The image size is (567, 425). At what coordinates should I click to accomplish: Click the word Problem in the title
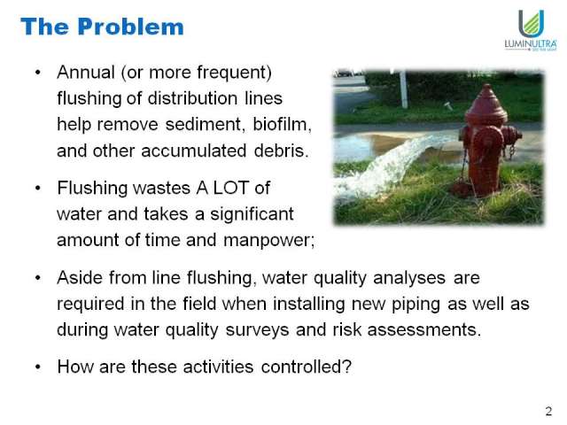coord(131,27)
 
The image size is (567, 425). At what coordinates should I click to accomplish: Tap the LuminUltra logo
coord(531,30)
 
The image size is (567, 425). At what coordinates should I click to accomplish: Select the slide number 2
coord(548,411)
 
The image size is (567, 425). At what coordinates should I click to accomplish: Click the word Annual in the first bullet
coord(86,73)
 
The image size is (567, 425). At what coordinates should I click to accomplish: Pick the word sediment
coord(203,125)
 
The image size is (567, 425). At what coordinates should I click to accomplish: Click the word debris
coord(282,151)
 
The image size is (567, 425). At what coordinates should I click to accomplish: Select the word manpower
coord(268,241)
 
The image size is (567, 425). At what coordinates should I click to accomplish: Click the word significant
coord(252,214)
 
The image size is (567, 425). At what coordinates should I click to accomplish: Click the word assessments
coord(424,330)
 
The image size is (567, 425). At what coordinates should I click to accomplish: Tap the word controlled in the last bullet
coord(306,367)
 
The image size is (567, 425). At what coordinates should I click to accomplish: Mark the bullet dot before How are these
coord(38,367)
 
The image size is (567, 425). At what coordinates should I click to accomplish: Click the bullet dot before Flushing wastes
coord(38,189)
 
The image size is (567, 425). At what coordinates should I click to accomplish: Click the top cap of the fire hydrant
coord(486,100)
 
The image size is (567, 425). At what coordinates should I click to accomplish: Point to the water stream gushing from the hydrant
coord(391,165)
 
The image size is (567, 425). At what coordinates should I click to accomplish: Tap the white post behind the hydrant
coord(403,89)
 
